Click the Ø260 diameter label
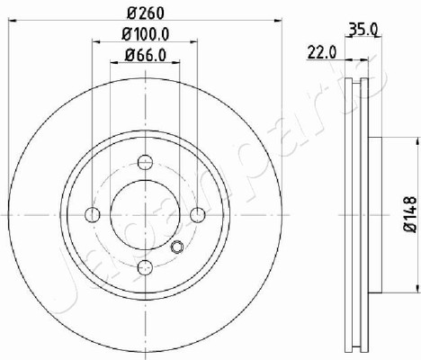click(x=146, y=13)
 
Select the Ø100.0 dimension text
click(x=146, y=34)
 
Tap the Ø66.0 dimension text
click(x=146, y=55)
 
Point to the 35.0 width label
click(x=363, y=30)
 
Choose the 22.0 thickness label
click(x=322, y=53)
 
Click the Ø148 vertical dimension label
click(x=410, y=214)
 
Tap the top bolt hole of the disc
click(x=145, y=162)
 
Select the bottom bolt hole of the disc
click(x=145, y=267)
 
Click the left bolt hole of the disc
click(x=93, y=215)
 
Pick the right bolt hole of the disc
click(x=198, y=215)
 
